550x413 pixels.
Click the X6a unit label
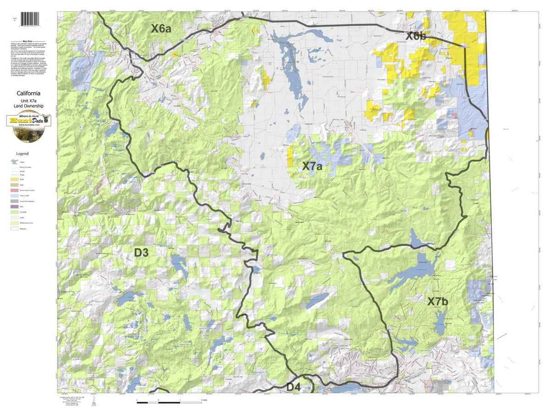tap(161, 29)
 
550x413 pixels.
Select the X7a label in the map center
tap(312, 166)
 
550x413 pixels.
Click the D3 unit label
tap(141, 252)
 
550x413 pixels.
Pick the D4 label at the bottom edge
tap(293, 387)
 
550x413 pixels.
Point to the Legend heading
tap(22, 154)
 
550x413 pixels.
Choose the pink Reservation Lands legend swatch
tap(14, 190)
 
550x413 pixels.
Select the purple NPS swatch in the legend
tap(14, 207)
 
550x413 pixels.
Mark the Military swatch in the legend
tap(14, 228)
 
